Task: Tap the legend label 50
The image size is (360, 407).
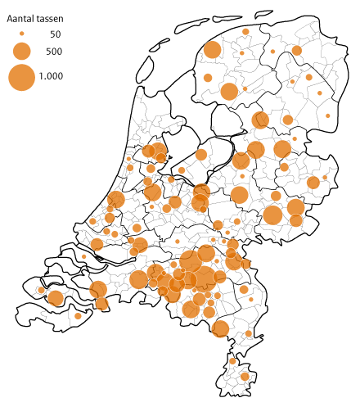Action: [55, 34]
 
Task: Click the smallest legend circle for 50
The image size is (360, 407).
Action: [22, 34]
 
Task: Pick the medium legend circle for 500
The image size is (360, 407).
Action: [22, 52]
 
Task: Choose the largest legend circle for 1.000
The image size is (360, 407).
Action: [22, 77]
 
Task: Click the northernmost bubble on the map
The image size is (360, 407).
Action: [245, 31]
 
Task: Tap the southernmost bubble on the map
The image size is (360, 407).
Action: [243, 377]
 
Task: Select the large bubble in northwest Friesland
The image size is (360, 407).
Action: [212, 50]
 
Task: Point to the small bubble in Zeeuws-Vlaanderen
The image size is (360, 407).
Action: [79, 315]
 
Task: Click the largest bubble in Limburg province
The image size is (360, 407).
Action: [220, 329]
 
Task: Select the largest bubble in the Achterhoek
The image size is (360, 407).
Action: [273, 215]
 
